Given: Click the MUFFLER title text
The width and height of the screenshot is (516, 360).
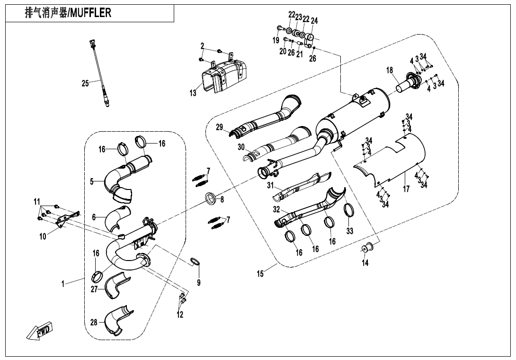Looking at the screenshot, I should pyautogui.click(x=68, y=13).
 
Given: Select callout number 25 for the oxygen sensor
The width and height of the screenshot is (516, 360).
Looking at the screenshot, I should pyautogui.click(x=85, y=83).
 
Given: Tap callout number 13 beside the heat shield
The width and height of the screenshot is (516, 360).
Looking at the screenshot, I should pyautogui.click(x=193, y=93).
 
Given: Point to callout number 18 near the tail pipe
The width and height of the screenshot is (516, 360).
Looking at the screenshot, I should pyautogui.click(x=390, y=71).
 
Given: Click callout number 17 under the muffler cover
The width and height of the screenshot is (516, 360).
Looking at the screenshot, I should pyautogui.click(x=406, y=189).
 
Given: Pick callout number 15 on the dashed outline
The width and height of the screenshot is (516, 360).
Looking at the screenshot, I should pyautogui.click(x=260, y=273).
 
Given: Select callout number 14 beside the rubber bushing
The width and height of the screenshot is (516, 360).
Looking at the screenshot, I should pyautogui.click(x=365, y=263).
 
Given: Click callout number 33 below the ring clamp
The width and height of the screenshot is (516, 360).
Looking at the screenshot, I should pyautogui.click(x=350, y=231).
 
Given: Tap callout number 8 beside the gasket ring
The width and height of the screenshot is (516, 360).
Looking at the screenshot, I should pyautogui.click(x=222, y=199).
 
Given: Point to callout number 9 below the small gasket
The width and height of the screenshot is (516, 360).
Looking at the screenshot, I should pyautogui.click(x=199, y=282).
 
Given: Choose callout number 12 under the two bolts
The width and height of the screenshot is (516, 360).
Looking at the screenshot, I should pyautogui.click(x=180, y=314).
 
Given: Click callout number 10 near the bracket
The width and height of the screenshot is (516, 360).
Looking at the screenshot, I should pyautogui.click(x=43, y=236).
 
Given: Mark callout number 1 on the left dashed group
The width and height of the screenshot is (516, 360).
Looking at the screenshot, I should pyautogui.click(x=62, y=284).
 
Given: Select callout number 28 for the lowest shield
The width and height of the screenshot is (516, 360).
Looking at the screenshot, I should pyautogui.click(x=94, y=323).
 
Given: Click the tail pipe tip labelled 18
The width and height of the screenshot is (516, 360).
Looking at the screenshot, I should pyautogui.click(x=406, y=85).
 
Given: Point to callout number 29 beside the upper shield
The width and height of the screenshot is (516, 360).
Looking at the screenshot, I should pyautogui.click(x=219, y=127).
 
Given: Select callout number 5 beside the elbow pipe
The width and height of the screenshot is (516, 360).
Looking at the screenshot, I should pyautogui.click(x=92, y=181).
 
